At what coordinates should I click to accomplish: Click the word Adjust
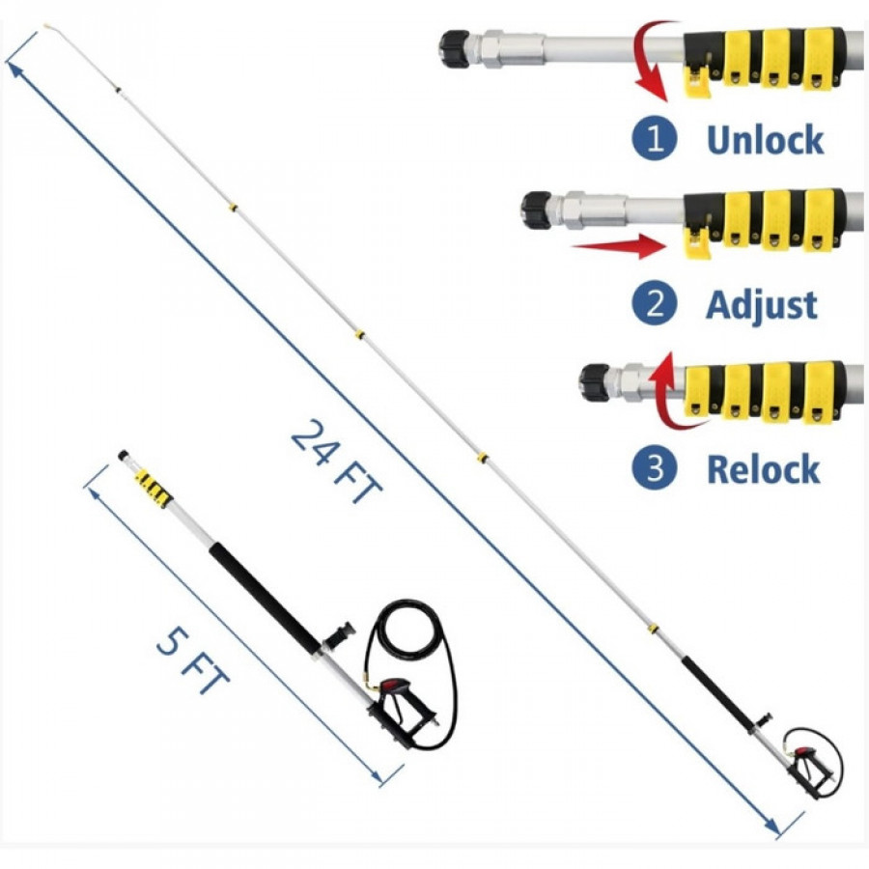point(762,305)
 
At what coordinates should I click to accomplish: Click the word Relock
point(763,468)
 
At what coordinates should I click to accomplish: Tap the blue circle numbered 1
point(655,138)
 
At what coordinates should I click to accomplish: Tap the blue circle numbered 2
point(655,304)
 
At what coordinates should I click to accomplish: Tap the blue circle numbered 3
point(655,468)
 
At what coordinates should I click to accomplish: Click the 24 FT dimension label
point(336,462)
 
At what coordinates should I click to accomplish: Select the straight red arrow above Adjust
point(618,246)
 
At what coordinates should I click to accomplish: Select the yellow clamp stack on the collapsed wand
point(152,489)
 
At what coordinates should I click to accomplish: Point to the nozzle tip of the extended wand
point(47,25)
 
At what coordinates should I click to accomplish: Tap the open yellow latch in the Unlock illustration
point(696,81)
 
